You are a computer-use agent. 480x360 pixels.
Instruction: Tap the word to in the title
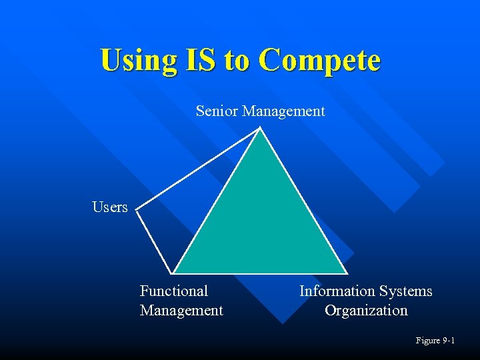[237, 60]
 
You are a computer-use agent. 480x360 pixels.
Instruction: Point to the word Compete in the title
[319, 60]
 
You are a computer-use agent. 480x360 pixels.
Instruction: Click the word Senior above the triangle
[217, 111]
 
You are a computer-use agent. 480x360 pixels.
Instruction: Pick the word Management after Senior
[283, 111]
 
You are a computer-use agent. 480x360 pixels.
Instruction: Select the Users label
[110, 207]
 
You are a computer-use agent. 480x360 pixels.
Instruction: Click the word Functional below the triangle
[174, 291]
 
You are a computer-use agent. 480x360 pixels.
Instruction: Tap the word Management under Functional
[181, 310]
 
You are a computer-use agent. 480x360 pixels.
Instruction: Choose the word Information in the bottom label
[337, 291]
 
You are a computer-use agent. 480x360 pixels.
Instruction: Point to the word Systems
[405, 291]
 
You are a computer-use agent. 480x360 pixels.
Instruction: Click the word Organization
[366, 310]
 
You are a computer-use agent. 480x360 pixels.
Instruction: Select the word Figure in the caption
[427, 341]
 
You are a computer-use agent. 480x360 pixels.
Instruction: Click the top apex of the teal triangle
[260, 129]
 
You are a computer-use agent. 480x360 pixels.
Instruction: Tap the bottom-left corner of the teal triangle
[174, 273]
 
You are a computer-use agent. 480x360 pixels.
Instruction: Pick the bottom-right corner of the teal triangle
[347, 273]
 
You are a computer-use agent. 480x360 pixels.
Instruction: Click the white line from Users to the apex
[199, 169]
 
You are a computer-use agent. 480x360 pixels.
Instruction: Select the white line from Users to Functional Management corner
[155, 241]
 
